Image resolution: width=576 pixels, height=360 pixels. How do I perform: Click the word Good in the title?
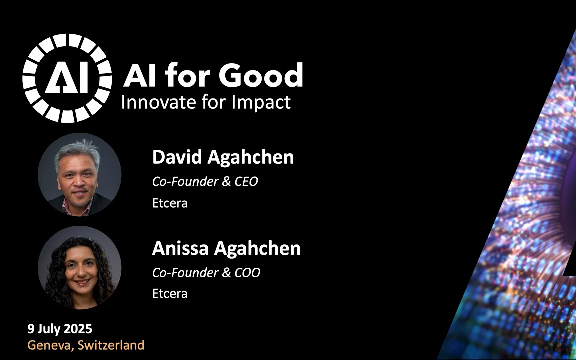[x=261, y=75]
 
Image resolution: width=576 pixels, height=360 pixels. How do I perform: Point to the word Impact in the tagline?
[x=261, y=103]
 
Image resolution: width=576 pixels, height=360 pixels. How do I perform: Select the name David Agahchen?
[x=223, y=157]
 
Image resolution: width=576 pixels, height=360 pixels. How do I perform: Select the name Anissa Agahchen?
[x=226, y=248]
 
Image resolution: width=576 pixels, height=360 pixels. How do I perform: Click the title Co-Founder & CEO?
[x=205, y=181]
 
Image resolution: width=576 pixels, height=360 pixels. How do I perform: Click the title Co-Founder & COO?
[x=206, y=272]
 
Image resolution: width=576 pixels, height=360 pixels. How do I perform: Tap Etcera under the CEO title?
[x=170, y=203]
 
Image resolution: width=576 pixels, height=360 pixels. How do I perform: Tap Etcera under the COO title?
[x=170, y=294]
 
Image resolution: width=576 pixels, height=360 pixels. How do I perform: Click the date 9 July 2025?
[x=60, y=329]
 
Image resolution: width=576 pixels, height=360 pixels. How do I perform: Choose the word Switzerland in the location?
[x=111, y=345]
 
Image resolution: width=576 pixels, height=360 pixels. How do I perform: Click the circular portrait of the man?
[x=79, y=175]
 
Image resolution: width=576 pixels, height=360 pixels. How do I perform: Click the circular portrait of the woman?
[x=79, y=268]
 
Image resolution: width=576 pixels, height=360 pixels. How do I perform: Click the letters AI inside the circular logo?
[x=67, y=77]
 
